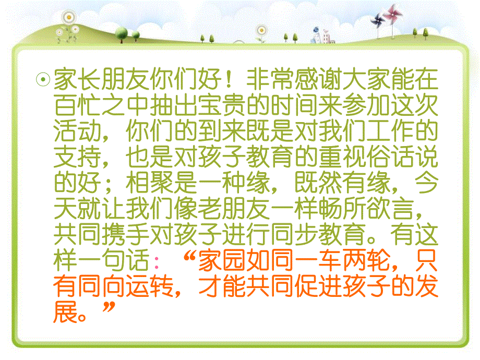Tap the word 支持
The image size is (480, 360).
pos(73,155)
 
